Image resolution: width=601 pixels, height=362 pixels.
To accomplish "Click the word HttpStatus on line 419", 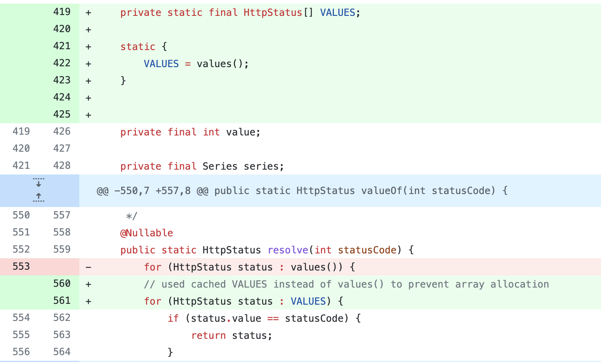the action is [x=273, y=13].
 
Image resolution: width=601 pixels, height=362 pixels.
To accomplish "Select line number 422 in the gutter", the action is [x=62, y=63].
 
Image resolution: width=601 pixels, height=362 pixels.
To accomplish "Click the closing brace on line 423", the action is [x=123, y=81].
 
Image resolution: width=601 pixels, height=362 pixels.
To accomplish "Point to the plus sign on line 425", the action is [x=88, y=115].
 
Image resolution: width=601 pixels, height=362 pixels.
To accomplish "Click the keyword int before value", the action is [x=211, y=132].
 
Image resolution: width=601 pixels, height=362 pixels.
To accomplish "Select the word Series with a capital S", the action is [x=220, y=166].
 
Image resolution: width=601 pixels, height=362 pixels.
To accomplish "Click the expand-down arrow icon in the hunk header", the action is [x=39, y=183].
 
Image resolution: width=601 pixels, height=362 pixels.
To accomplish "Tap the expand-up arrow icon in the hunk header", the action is [x=39, y=197].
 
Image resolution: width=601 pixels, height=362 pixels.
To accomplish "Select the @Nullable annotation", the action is [x=146, y=233].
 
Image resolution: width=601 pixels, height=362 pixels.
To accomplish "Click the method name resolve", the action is [x=288, y=250].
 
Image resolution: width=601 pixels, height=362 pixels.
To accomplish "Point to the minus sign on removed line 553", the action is [x=88, y=267].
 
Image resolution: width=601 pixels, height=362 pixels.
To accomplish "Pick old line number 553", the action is [x=21, y=266].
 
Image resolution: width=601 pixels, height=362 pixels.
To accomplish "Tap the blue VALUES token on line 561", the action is [x=308, y=301].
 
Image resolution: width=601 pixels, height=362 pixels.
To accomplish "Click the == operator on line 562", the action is [x=273, y=318].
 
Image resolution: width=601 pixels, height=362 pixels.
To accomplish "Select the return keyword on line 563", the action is [x=209, y=336].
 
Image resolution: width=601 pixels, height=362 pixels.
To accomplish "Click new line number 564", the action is [x=62, y=352].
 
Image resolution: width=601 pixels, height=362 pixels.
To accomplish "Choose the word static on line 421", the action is [x=137, y=47].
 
